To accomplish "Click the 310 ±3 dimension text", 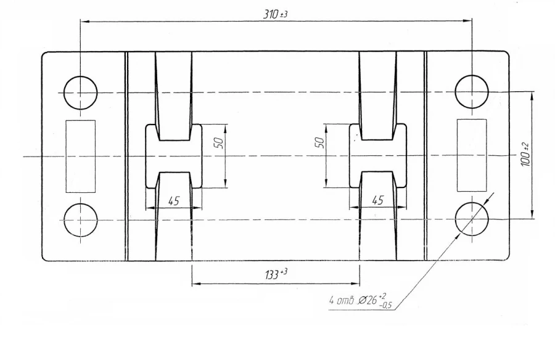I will click(276, 14).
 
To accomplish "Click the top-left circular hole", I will click(80, 92).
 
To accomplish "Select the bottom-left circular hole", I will click(80, 219).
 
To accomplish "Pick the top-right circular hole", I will click(472, 92).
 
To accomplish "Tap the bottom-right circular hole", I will click(472, 219).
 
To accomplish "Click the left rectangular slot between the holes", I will click(81, 155).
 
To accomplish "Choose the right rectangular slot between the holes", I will click(472, 155).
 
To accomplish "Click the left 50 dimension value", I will click(218, 143).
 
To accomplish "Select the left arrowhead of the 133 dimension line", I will click(195, 284).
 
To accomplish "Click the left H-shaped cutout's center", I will click(173, 156).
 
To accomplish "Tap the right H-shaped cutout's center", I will click(378, 156).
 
